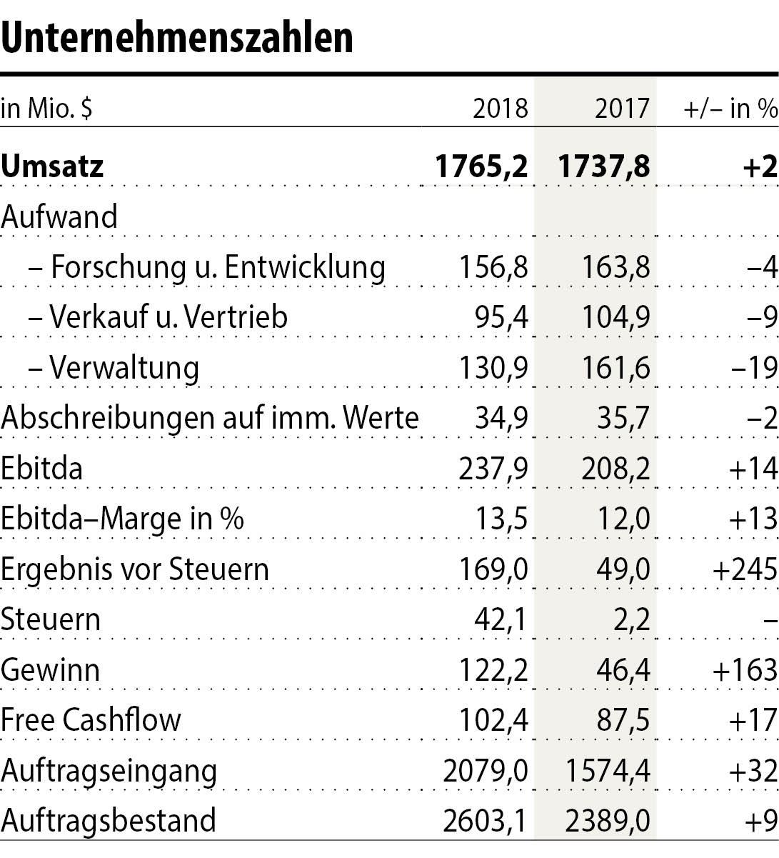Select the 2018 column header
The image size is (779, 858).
(x=501, y=109)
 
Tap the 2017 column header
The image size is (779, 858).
(x=622, y=109)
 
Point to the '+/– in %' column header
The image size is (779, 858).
(x=730, y=109)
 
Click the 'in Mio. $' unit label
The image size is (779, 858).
(x=47, y=109)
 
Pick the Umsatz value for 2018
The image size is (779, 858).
(x=481, y=166)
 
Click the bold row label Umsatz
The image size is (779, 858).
(x=52, y=166)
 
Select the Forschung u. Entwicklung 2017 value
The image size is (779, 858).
(x=615, y=267)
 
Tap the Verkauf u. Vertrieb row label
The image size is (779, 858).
(x=168, y=317)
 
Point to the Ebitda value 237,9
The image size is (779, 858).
(x=493, y=469)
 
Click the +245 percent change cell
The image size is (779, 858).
(x=744, y=569)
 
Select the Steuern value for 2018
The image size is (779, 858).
(x=501, y=619)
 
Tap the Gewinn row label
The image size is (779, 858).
(x=50, y=670)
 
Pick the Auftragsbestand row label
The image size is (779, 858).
(x=109, y=821)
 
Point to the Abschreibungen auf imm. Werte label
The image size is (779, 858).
(x=209, y=418)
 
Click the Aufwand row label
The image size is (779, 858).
(x=59, y=216)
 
